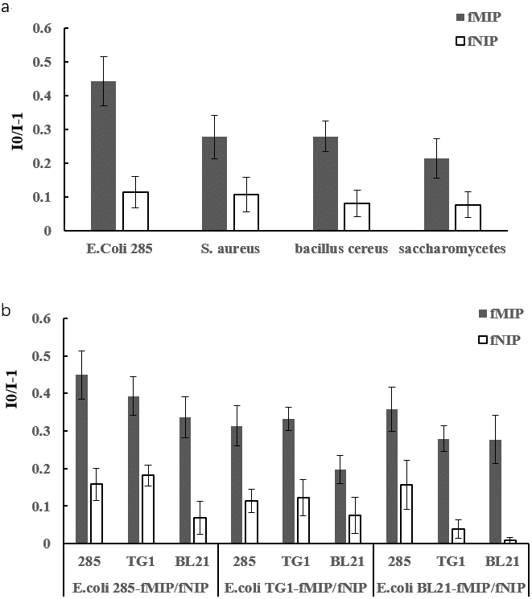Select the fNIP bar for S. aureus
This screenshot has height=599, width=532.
click(245, 212)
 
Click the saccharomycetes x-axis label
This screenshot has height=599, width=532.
click(452, 249)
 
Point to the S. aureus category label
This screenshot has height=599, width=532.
click(230, 249)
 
